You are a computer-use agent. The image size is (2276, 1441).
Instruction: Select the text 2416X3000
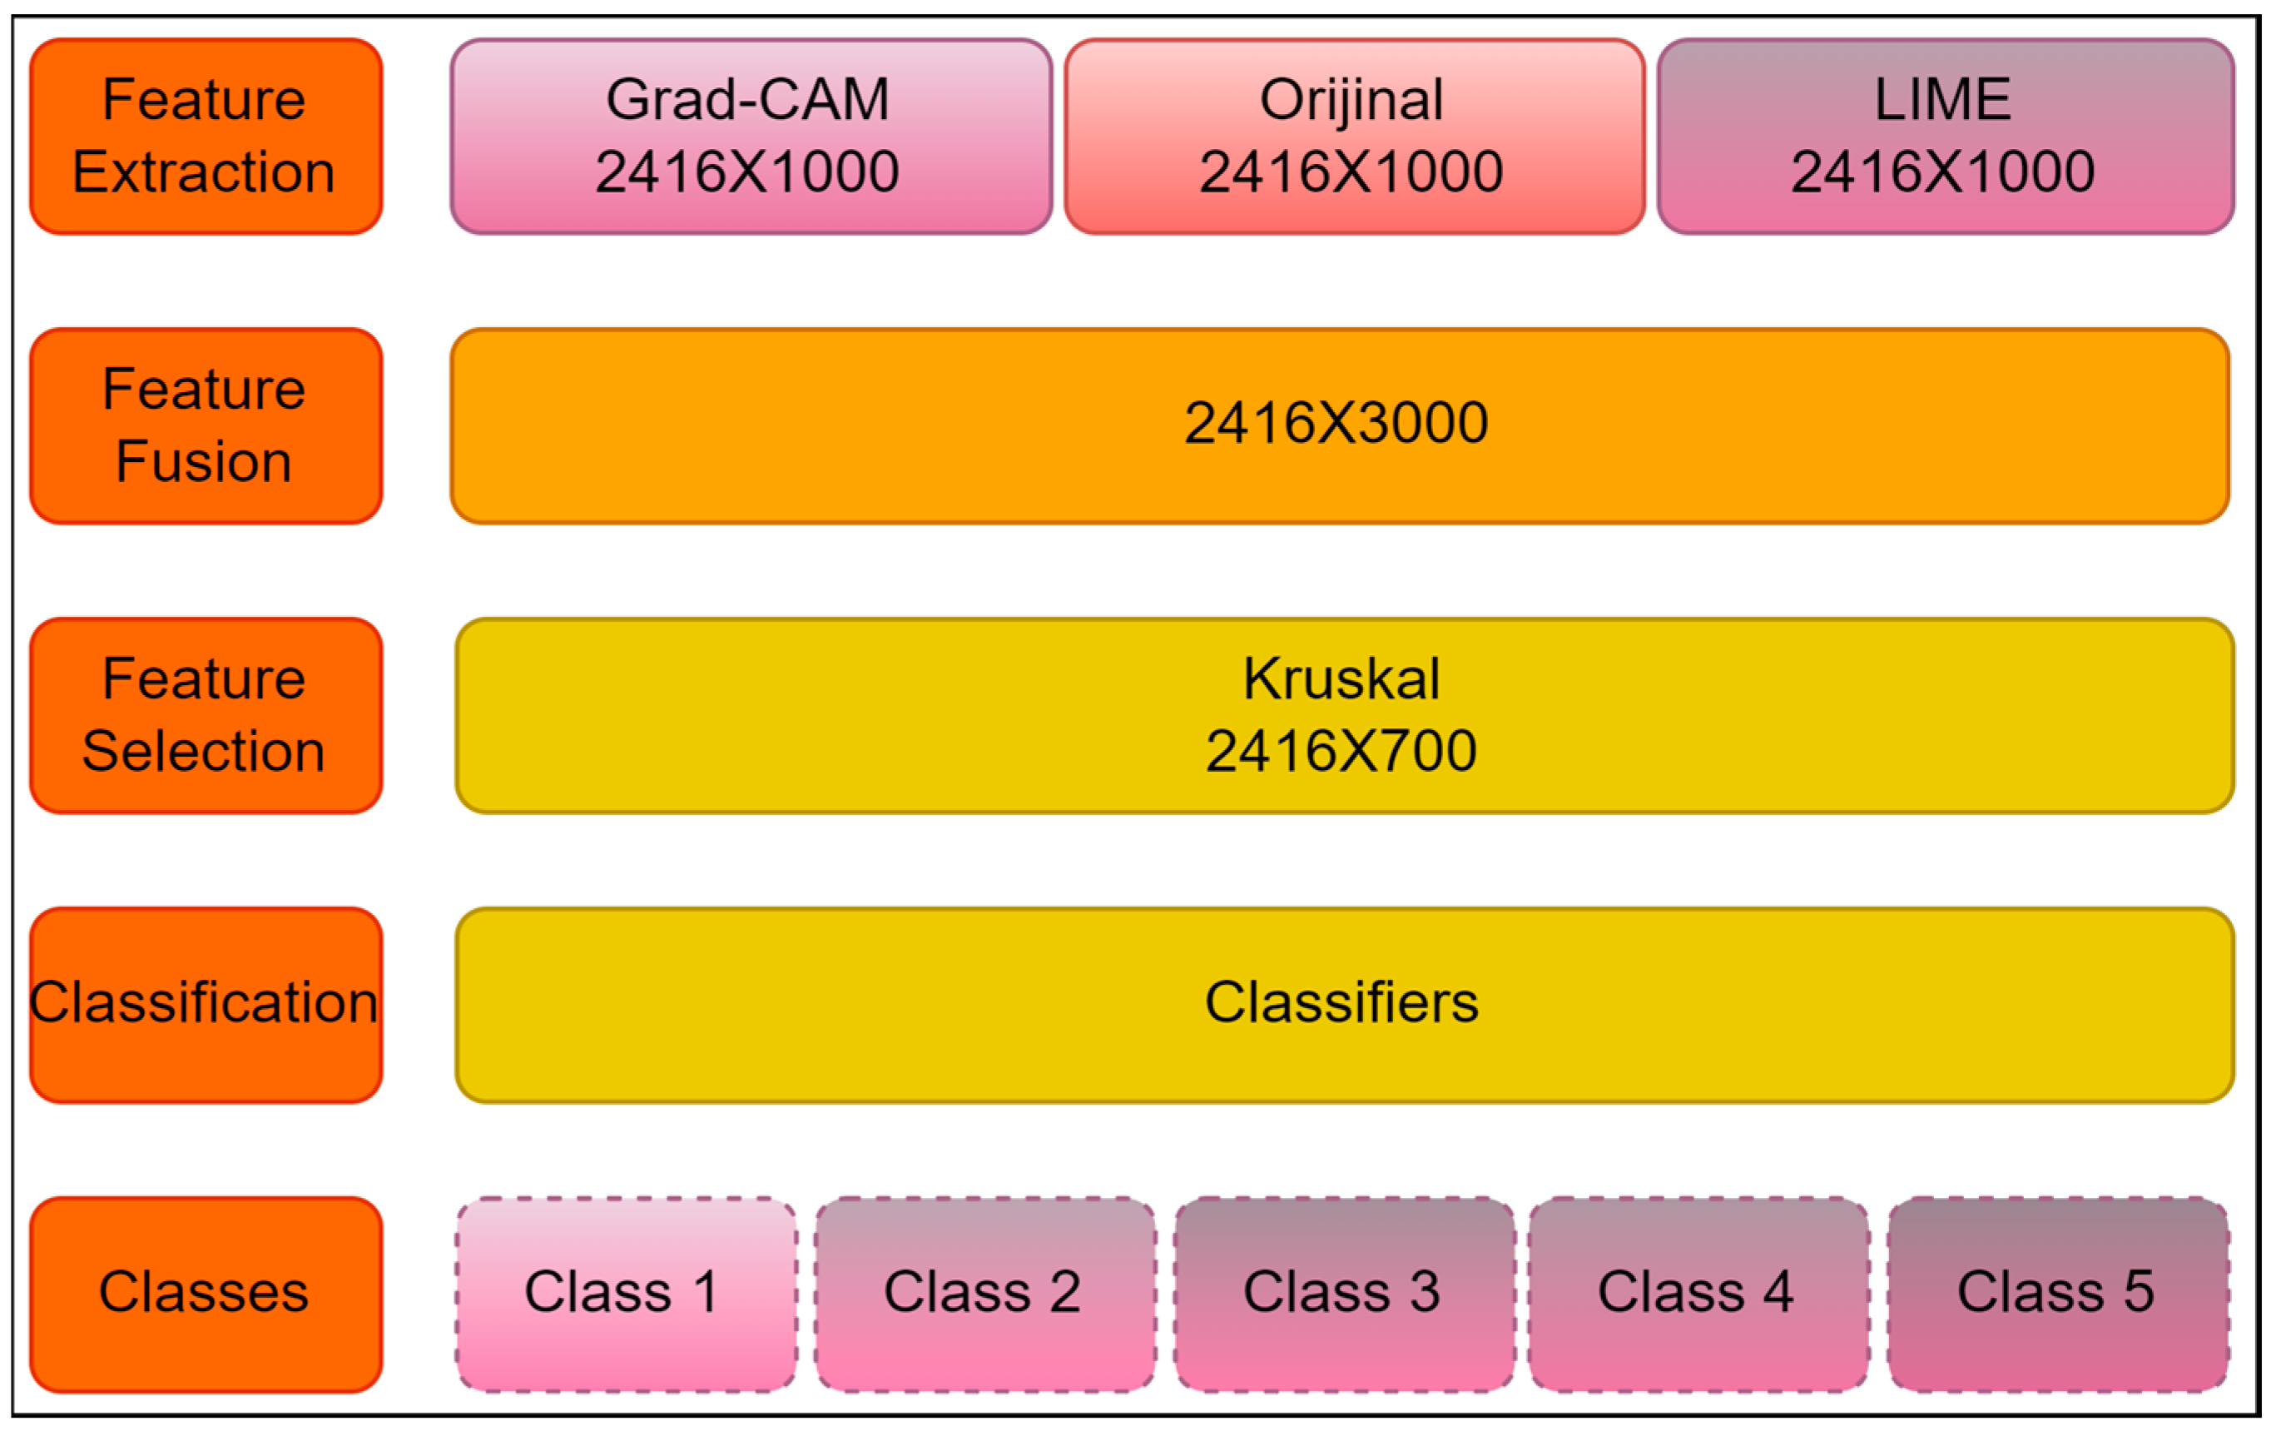click(x=1336, y=423)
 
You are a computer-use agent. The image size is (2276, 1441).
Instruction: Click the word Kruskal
click(x=1341, y=679)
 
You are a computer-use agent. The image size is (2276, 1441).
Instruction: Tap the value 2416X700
click(x=1341, y=752)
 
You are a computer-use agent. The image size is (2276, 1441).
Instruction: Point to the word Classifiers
click(x=1341, y=1003)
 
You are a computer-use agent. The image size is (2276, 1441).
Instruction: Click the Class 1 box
click(x=625, y=1294)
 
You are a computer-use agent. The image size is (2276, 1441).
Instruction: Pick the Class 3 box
click(x=1343, y=1294)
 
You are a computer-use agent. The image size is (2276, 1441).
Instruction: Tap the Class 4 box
click(x=1698, y=1294)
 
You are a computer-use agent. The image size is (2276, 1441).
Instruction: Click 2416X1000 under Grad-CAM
click(x=747, y=172)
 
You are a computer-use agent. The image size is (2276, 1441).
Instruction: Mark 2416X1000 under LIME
click(x=1943, y=172)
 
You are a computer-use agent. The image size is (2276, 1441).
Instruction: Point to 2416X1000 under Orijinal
click(x=1351, y=172)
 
